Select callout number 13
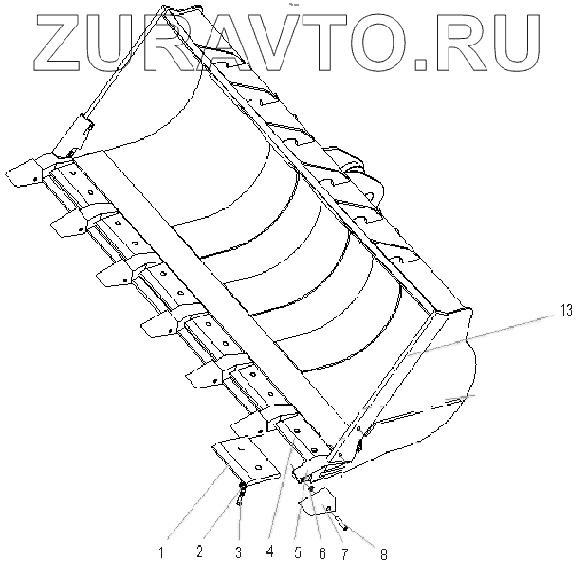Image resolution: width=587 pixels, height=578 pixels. coord(567,309)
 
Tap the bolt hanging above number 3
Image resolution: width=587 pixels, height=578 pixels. coord(243,492)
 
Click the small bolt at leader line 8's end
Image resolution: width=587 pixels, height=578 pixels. coord(346,528)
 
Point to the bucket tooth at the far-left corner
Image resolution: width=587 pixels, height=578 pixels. coord(26,173)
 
